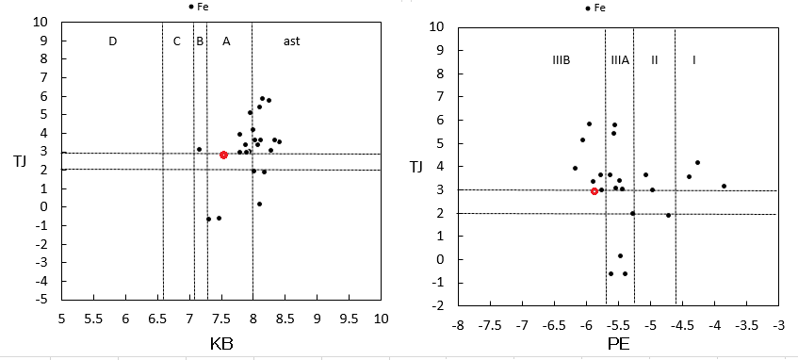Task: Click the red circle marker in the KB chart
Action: (x=223, y=155)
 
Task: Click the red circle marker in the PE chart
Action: (x=594, y=191)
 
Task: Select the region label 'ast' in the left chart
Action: (x=292, y=41)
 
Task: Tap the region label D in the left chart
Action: (x=113, y=41)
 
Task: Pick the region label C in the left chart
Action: (x=176, y=41)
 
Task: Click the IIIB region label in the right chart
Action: (x=561, y=60)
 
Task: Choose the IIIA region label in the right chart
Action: (x=620, y=60)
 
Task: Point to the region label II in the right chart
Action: (x=655, y=60)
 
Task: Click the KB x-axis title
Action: (x=221, y=345)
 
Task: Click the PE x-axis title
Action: (x=618, y=345)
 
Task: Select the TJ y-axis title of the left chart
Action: (x=21, y=162)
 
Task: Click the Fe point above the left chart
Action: (x=191, y=7)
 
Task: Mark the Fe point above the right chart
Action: (x=588, y=8)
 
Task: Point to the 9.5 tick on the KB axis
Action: (x=350, y=319)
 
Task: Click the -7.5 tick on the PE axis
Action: (x=490, y=324)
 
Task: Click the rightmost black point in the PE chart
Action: (x=724, y=186)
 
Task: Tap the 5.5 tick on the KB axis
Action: (x=93, y=319)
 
